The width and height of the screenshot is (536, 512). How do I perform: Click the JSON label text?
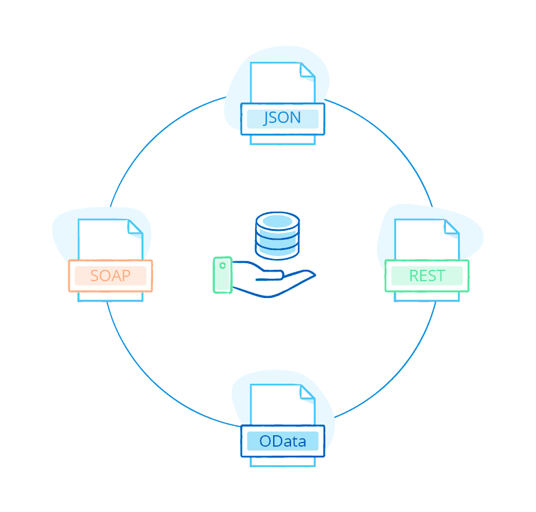(x=282, y=118)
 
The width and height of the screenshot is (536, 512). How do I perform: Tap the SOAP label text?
(x=110, y=276)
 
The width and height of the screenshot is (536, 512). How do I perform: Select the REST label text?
(x=427, y=276)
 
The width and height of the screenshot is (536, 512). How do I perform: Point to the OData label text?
(x=283, y=442)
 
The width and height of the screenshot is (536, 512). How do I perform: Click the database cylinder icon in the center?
(x=277, y=234)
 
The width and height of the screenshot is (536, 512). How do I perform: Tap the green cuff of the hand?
(x=223, y=275)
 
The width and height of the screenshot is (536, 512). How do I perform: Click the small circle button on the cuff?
(x=223, y=265)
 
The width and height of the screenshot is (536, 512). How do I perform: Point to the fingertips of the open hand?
(x=310, y=275)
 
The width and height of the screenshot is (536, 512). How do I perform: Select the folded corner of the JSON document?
(x=307, y=71)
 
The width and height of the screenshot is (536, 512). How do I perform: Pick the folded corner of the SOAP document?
(x=135, y=227)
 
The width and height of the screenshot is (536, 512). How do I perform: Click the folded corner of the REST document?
(x=451, y=227)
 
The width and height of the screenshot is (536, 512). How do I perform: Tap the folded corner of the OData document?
(x=307, y=392)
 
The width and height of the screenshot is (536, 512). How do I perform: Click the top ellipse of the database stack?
(x=277, y=221)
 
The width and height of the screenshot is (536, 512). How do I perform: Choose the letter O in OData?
(x=266, y=442)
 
